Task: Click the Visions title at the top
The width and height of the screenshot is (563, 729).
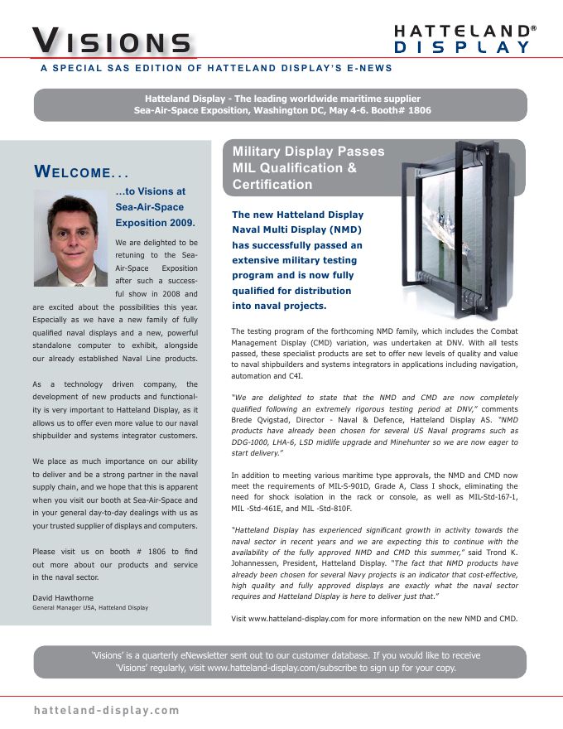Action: click(112, 41)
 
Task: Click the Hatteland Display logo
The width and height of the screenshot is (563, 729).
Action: click(463, 38)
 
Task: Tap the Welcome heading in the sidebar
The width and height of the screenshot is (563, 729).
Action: click(80, 172)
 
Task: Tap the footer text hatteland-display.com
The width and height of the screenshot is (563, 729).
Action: click(106, 711)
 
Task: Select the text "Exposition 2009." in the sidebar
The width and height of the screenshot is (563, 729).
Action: click(156, 222)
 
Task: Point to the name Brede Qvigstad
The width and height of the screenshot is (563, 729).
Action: click(260, 421)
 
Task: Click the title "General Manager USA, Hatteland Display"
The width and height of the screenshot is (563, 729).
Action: click(89, 607)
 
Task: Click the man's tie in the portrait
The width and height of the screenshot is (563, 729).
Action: click(73, 274)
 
